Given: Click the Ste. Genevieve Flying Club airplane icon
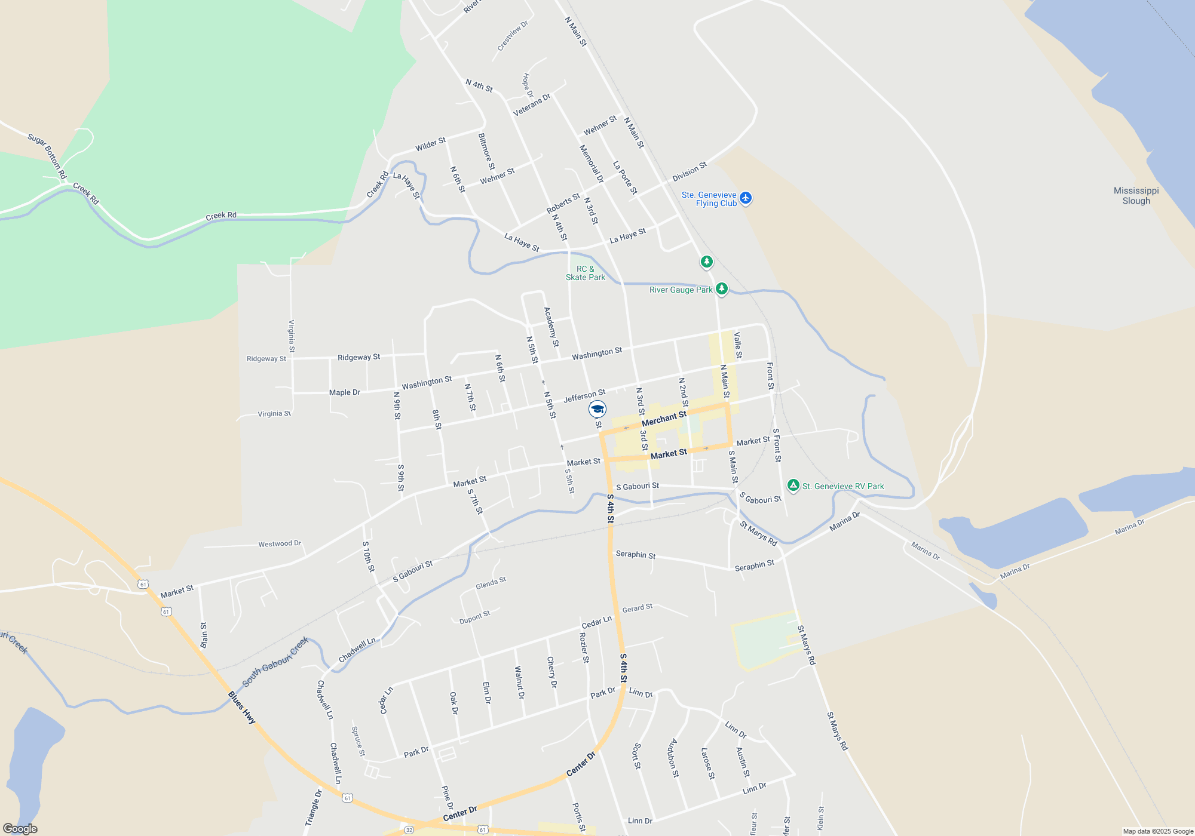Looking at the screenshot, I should (x=745, y=198).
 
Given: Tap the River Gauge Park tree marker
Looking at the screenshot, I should (x=722, y=289).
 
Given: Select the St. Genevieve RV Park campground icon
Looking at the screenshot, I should (x=793, y=485).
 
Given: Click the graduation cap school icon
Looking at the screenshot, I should (x=597, y=409).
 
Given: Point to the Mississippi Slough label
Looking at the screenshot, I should (x=1136, y=196).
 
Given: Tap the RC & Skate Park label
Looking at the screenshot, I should (x=586, y=273).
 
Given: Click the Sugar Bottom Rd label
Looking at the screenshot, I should (x=47, y=156).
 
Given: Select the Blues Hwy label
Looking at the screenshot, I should (x=241, y=708).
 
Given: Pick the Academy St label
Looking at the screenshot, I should (x=551, y=327).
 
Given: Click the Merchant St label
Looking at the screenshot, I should (x=664, y=419).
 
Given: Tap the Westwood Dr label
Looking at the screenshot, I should (x=279, y=544).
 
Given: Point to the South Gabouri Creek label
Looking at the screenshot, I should (x=275, y=662).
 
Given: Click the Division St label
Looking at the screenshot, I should (x=690, y=172).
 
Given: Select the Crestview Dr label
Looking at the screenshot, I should (x=513, y=36).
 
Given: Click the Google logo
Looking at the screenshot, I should (x=20, y=829).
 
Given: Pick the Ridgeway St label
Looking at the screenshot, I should (x=358, y=357).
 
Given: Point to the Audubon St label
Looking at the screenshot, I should (x=673, y=758).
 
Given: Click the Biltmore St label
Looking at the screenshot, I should (x=486, y=151).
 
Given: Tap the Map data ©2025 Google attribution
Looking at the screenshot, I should (x=1157, y=831).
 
